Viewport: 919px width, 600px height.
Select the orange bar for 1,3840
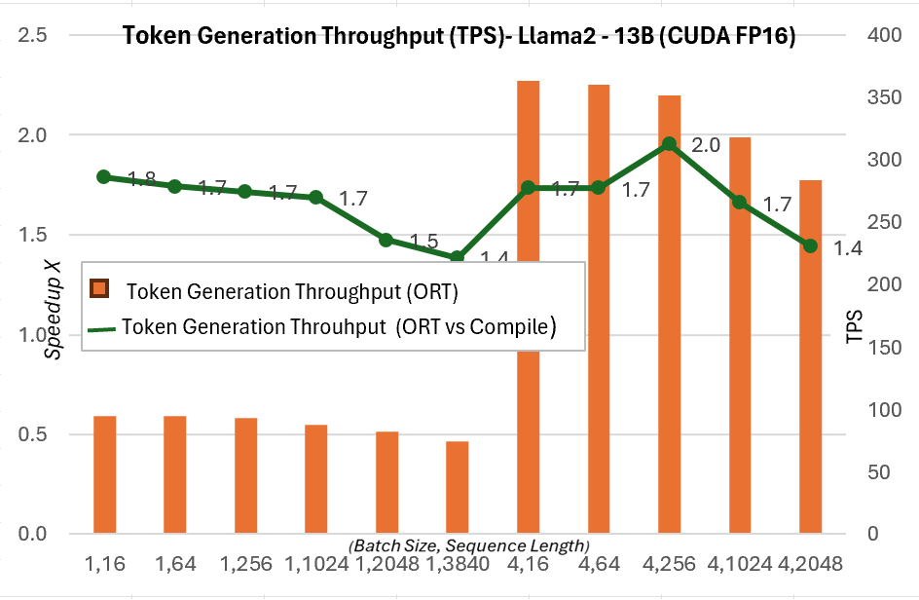pyautogui.click(x=458, y=487)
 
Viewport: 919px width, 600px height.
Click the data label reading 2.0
pyautogui.click(x=705, y=145)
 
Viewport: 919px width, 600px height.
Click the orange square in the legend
pyautogui.click(x=98, y=289)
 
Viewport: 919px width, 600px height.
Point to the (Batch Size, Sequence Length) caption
pyautogui.click(x=468, y=544)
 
